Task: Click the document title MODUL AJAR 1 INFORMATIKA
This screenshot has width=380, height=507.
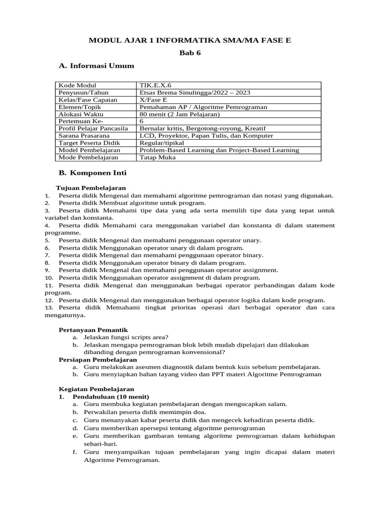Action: tap(190, 40)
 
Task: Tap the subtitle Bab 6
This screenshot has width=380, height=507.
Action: tap(190, 52)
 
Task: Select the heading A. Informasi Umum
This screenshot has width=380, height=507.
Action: tap(96, 65)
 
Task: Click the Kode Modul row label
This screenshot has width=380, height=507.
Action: tap(77, 86)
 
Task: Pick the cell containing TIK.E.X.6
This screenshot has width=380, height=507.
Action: tap(155, 86)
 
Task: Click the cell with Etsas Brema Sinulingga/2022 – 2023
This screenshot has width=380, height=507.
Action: tap(195, 93)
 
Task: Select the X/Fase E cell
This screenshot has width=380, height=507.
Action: tap(153, 100)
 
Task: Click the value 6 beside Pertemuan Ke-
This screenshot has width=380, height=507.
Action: tap(142, 121)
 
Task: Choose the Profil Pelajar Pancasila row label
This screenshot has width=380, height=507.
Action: tap(93, 129)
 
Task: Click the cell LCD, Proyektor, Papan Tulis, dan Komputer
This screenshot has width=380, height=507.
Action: tap(206, 136)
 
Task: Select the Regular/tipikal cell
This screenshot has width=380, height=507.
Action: tap(162, 143)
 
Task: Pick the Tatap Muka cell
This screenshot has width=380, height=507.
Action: tap(157, 157)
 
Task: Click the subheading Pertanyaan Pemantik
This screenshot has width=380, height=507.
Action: tap(93, 330)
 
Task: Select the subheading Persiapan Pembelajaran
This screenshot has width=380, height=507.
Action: tap(97, 359)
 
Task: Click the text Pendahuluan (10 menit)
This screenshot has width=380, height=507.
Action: tap(111, 397)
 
